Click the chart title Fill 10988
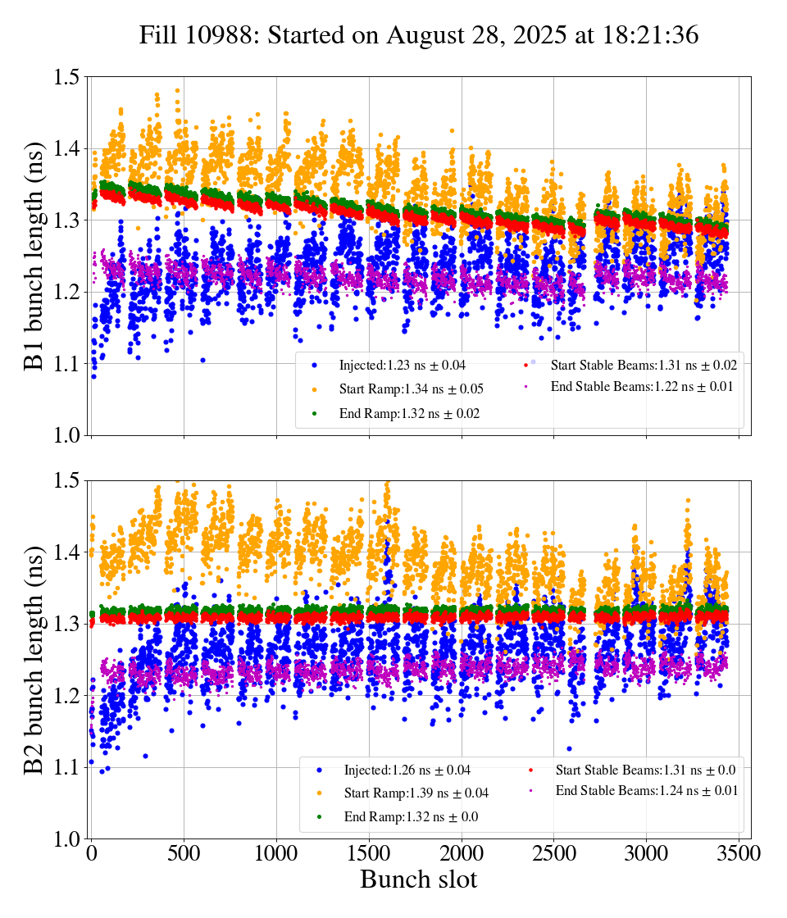(418, 35)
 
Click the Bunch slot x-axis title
(418, 879)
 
